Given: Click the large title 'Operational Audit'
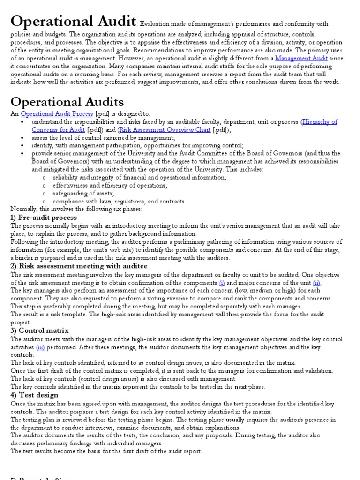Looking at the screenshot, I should [73, 22].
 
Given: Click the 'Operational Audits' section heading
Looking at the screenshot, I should [67, 102].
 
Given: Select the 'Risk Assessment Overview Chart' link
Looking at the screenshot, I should [165, 130].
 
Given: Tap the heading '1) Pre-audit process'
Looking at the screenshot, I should [44, 217].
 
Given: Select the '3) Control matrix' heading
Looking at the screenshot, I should [39, 330].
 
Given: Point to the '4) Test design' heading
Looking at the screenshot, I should [34, 394].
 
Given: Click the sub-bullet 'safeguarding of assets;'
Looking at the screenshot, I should [83, 193].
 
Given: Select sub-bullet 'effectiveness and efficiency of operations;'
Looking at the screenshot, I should [110, 185].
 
